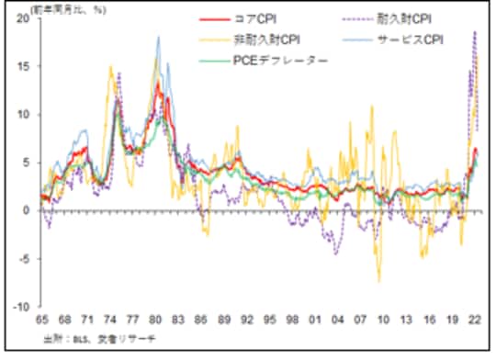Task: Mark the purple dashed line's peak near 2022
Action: pyautogui.click(x=475, y=31)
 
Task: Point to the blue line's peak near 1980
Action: pyautogui.click(x=159, y=38)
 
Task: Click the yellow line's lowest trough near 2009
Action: pyautogui.click(x=378, y=281)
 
